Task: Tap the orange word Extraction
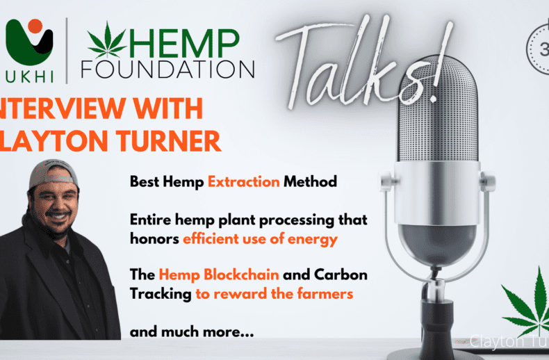[243, 182]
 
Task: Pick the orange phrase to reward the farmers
[274, 293]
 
